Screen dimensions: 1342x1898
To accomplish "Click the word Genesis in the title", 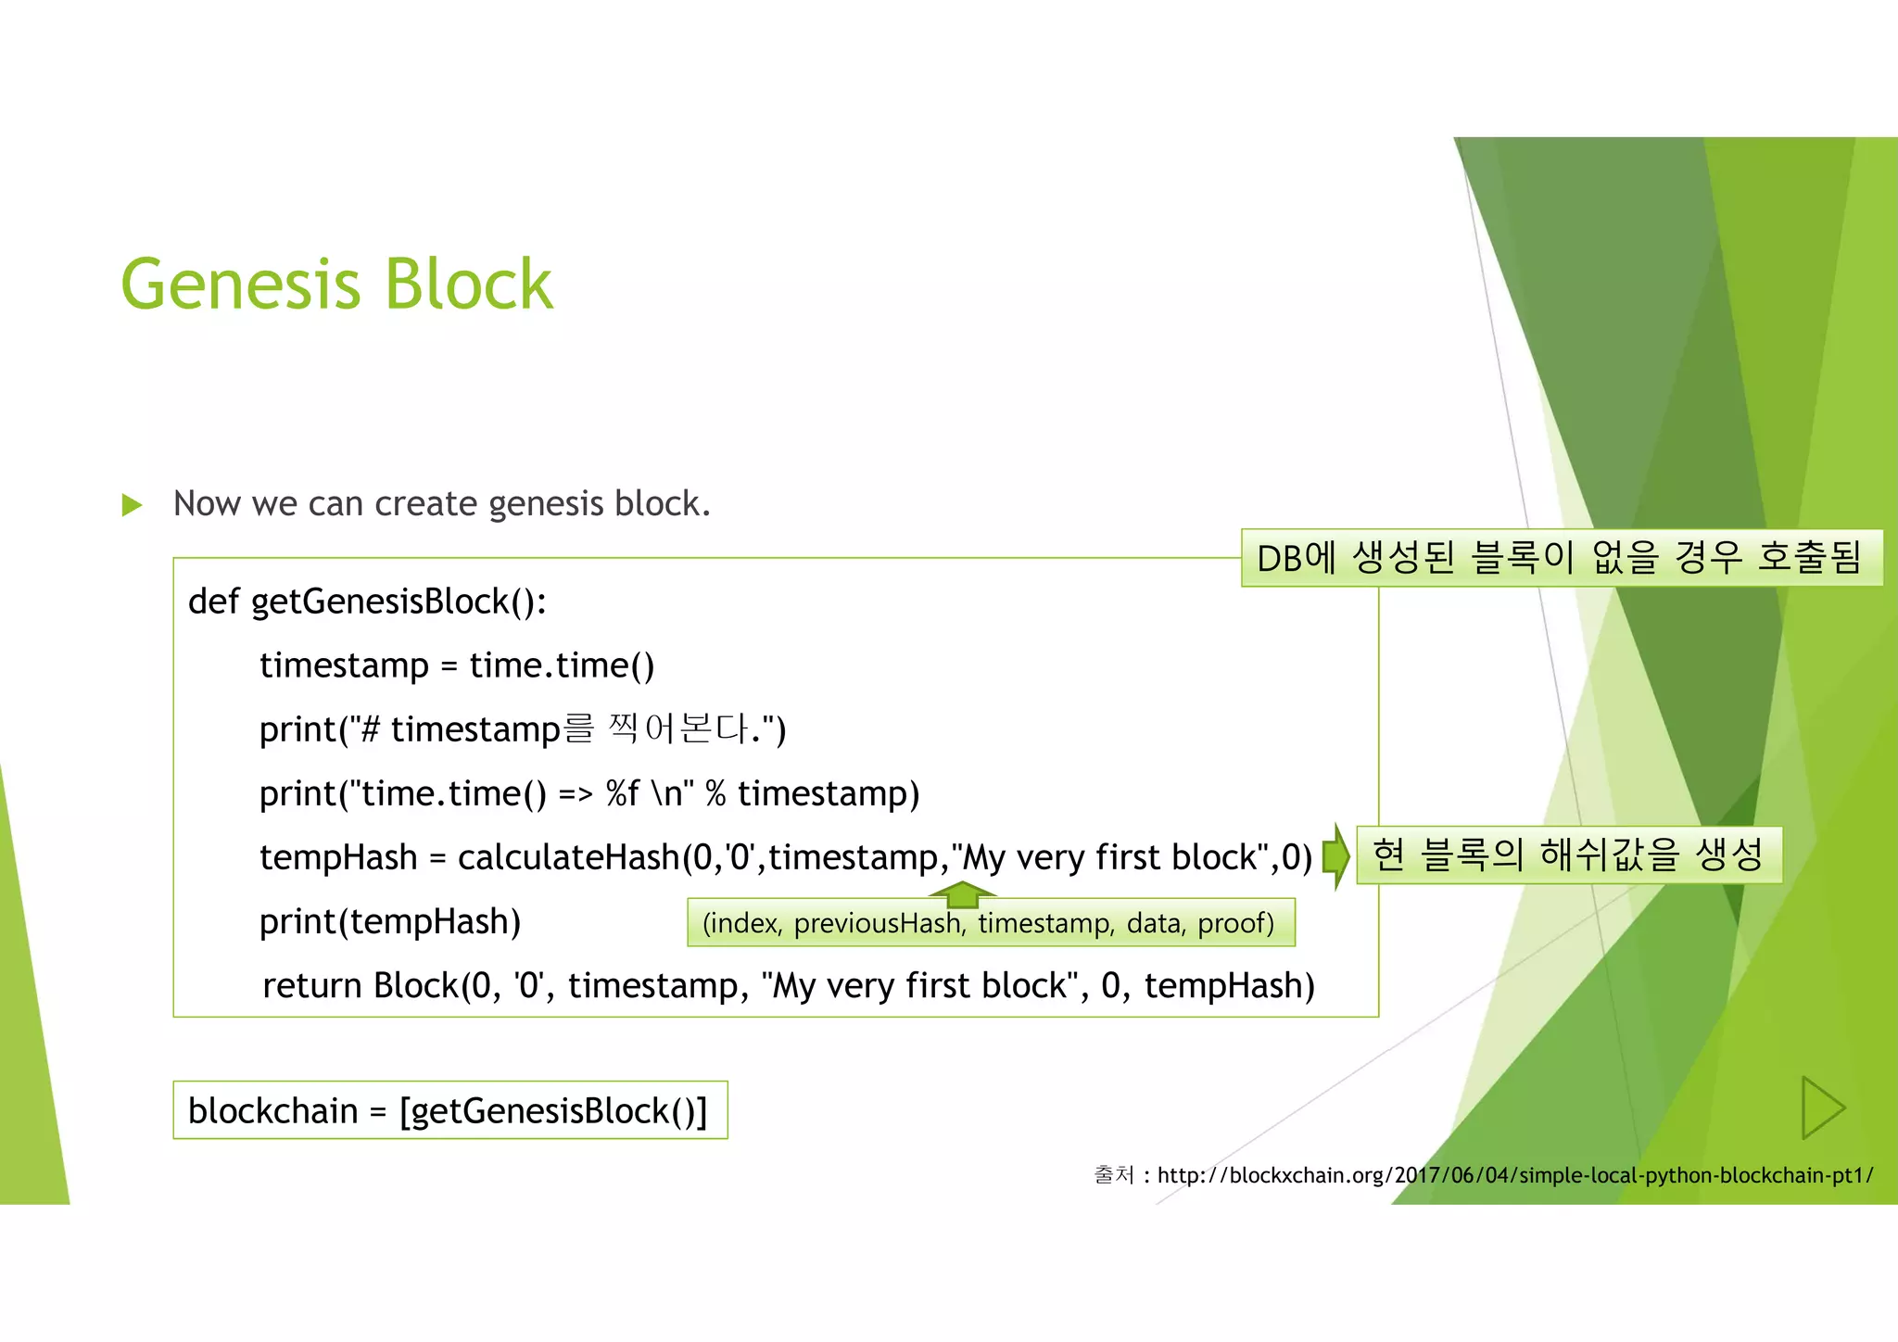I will [x=240, y=285].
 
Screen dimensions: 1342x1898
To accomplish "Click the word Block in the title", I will [x=468, y=285].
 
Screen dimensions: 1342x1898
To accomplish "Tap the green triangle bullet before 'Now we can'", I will [x=133, y=505].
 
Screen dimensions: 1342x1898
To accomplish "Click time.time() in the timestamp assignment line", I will [x=562, y=666].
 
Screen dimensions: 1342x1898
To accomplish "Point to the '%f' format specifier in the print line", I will [x=622, y=794].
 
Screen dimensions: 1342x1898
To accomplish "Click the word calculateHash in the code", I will [x=568, y=858].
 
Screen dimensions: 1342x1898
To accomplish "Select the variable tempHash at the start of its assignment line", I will [x=338, y=858].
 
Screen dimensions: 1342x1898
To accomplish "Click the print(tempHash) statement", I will [x=390, y=922].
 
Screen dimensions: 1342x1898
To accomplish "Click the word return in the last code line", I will [x=312, y=986].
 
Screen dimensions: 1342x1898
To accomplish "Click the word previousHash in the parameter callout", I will [x=877, y=924].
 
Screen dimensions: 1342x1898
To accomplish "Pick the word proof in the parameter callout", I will [x=1234, y=924].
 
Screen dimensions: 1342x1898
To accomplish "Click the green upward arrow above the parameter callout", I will [x=963, y=893].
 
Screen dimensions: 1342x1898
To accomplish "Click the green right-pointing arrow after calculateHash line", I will [x=1335, y=855].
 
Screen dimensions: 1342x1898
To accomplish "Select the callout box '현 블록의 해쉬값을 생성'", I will [x=1568, y=855].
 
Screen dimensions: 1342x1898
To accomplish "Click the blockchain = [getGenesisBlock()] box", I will [x=449, y=1110].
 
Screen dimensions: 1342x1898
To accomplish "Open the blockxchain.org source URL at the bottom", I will [x=1514, y=1176].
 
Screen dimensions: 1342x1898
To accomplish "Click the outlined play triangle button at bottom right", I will [x=1821, y=1108].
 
